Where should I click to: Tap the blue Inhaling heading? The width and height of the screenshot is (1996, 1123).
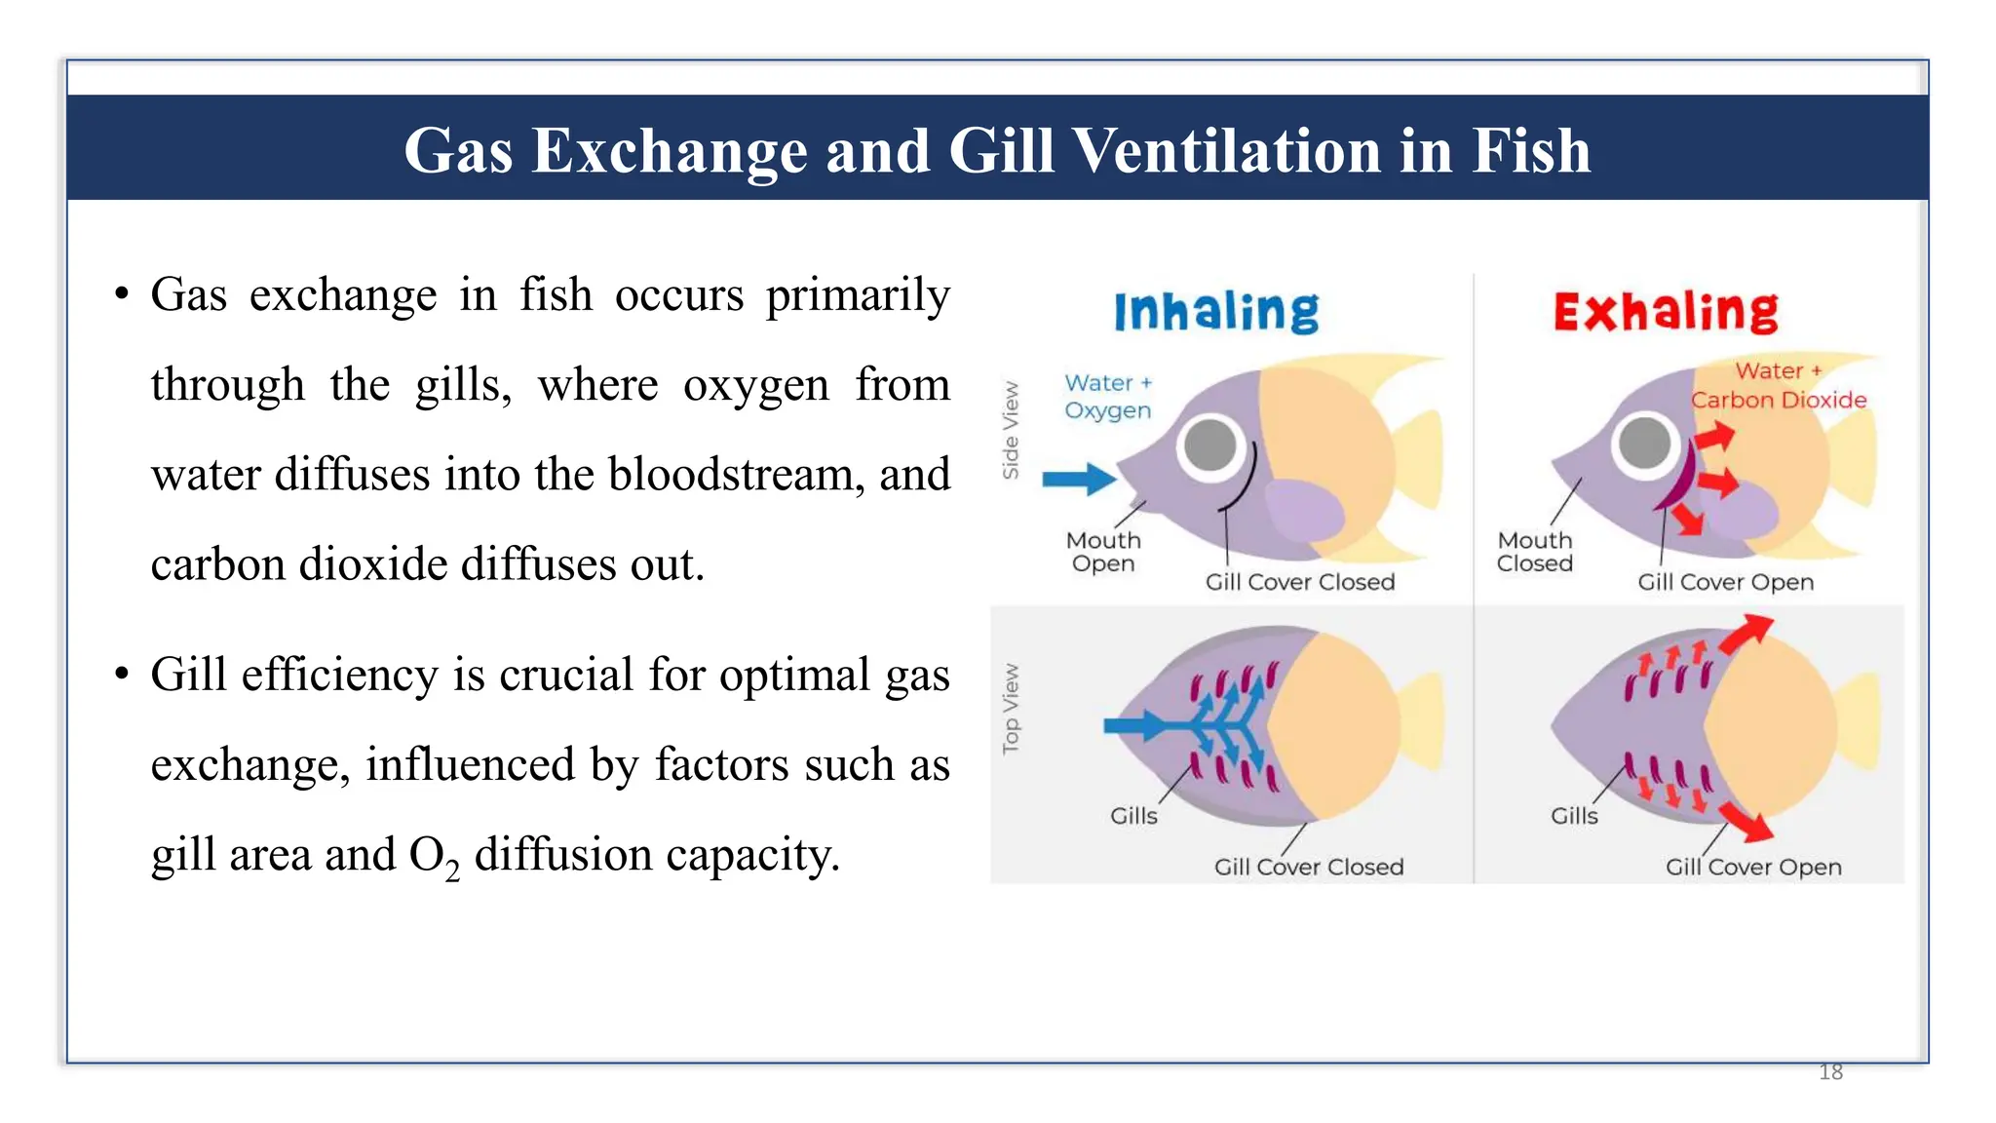point(1215,312)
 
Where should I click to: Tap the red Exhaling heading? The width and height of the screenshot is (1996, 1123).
point(1666,312)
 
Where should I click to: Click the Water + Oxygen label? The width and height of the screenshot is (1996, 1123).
point(1107,396)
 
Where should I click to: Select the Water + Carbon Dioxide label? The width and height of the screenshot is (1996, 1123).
point(1779,385)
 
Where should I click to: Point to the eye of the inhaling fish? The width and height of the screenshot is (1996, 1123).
point(1209,445)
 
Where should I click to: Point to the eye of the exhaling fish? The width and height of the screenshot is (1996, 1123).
point(1644,442)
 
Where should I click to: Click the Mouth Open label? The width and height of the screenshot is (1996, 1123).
point(1103,552)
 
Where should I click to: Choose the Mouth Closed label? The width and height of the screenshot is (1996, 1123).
point(1535,552)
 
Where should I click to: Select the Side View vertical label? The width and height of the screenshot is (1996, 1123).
point(1011,430)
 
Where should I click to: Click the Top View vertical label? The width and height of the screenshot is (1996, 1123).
point(1011,709)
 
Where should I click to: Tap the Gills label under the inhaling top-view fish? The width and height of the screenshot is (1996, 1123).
point(1133,816)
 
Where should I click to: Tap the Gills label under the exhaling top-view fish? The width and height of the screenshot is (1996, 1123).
point(1574,816)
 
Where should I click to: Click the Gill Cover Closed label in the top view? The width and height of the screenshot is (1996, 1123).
point(1308,867)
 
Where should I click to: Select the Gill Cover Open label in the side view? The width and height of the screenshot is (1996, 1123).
point(1725,582)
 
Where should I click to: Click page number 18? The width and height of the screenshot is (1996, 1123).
point(1830,1072)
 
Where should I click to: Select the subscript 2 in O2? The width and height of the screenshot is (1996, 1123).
point(452,870)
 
